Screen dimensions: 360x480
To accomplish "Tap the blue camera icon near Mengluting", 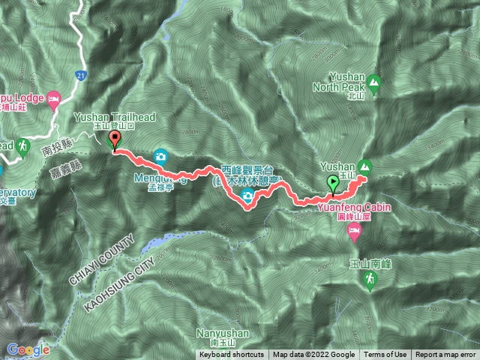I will pos(160,157).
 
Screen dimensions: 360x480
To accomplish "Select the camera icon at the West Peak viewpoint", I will pos(247,197).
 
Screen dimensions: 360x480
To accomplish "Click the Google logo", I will pos(28,349).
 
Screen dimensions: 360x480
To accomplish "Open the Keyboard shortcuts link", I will pos(231,355).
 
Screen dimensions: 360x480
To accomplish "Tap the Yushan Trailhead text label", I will pos(105,118).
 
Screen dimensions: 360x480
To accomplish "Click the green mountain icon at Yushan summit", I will pos(365,166).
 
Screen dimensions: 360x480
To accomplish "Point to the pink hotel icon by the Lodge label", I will pos(52,98).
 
